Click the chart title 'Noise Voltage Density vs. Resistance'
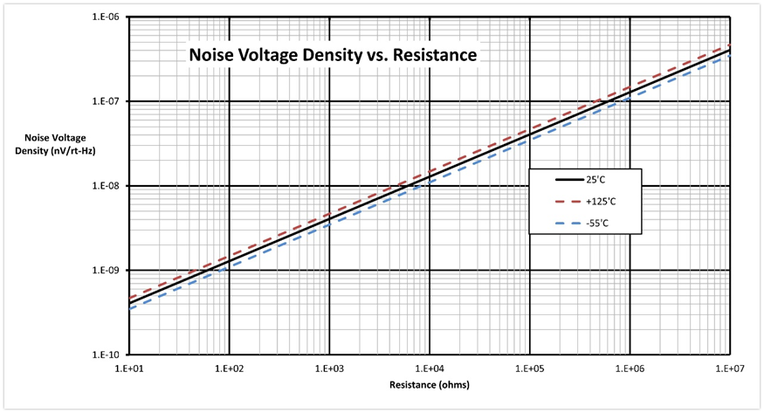pos(334,56)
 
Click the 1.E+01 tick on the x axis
pos(129,368)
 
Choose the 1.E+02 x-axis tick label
pos(229,368)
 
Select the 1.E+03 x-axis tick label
pos(329,368)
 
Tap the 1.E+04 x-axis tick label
pos(429,368)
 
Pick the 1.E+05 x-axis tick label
pos(529,368)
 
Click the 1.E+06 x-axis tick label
pos(629,368)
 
